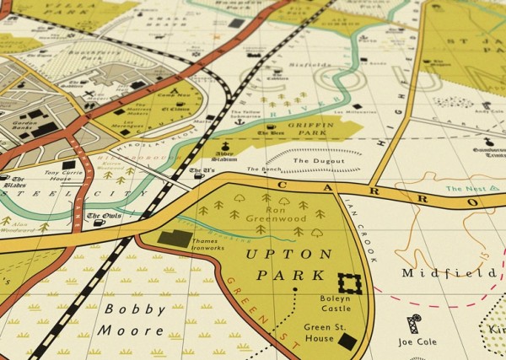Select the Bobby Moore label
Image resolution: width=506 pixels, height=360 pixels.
click(134, 319)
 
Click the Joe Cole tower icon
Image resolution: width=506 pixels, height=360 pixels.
click(413, 324)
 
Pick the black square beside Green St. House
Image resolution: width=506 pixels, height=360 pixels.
click(347, 341)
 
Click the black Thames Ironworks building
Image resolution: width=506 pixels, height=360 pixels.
click(175, 239)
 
